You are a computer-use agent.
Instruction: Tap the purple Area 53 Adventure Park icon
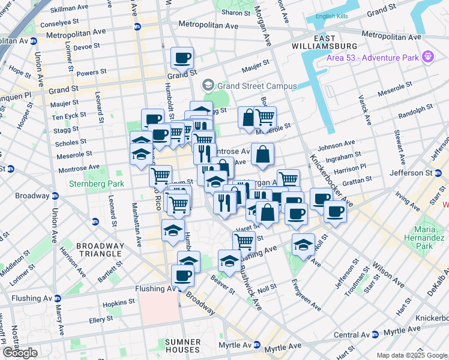click(x=427, y=57)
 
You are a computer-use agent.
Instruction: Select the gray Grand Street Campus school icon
click(x=208, y=85)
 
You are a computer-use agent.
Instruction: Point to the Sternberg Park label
click(x=92, y=184)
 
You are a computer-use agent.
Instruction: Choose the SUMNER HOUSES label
click(x=182, y=346)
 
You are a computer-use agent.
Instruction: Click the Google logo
click(x=20, y=353)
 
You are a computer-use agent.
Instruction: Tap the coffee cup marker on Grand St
click(x=182, y=58)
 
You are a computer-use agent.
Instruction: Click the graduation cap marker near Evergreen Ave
click(x=303, y=244)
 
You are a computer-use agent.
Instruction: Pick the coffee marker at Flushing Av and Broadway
click(x=182, y=276)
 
